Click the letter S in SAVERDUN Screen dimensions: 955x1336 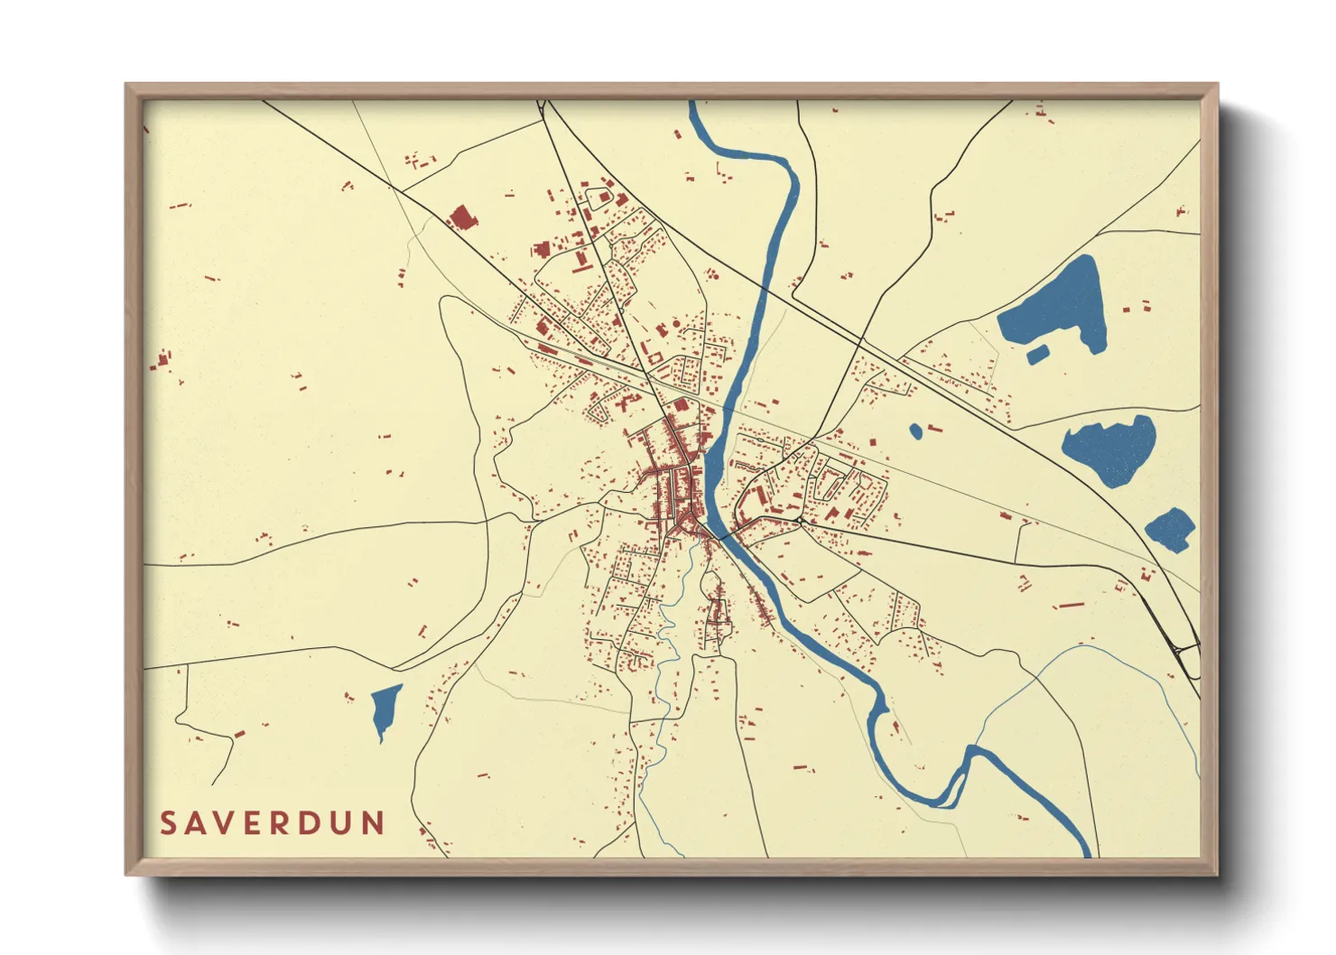tap(169, 823)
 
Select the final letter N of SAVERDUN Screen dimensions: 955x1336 tap(373, 823)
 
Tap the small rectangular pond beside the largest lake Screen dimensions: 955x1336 tap(1037, 354)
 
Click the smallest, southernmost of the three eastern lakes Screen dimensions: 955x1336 tap(1172, 529)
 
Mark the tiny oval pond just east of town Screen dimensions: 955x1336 tap(915, 431)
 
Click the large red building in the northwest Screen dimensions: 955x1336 tap(461, 218)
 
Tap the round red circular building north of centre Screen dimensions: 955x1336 tap(675, 323)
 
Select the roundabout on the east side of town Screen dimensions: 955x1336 tap(800, 521)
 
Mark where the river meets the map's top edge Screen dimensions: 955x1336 tap(693, 104)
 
